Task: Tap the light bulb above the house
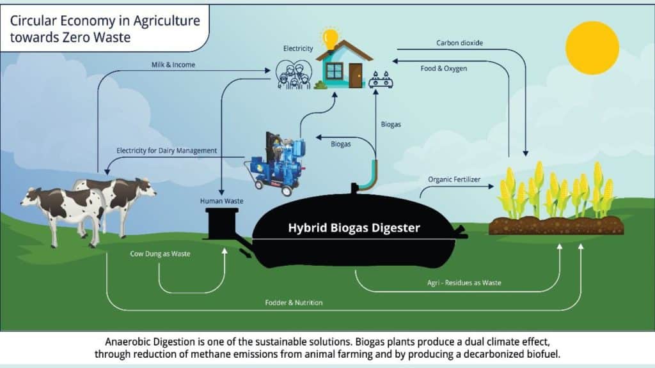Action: click(x=330, y=36)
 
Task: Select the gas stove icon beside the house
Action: click(x=381, y=80)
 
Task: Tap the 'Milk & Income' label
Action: click(x=173, y=65)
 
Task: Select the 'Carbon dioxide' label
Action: click(x=459, y=43)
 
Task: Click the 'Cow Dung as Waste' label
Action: click(x=160, y=254)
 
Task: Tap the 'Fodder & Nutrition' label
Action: click(x=294, y=302)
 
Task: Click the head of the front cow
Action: click(x=30, y=198)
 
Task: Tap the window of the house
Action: click(x=334, y=70)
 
